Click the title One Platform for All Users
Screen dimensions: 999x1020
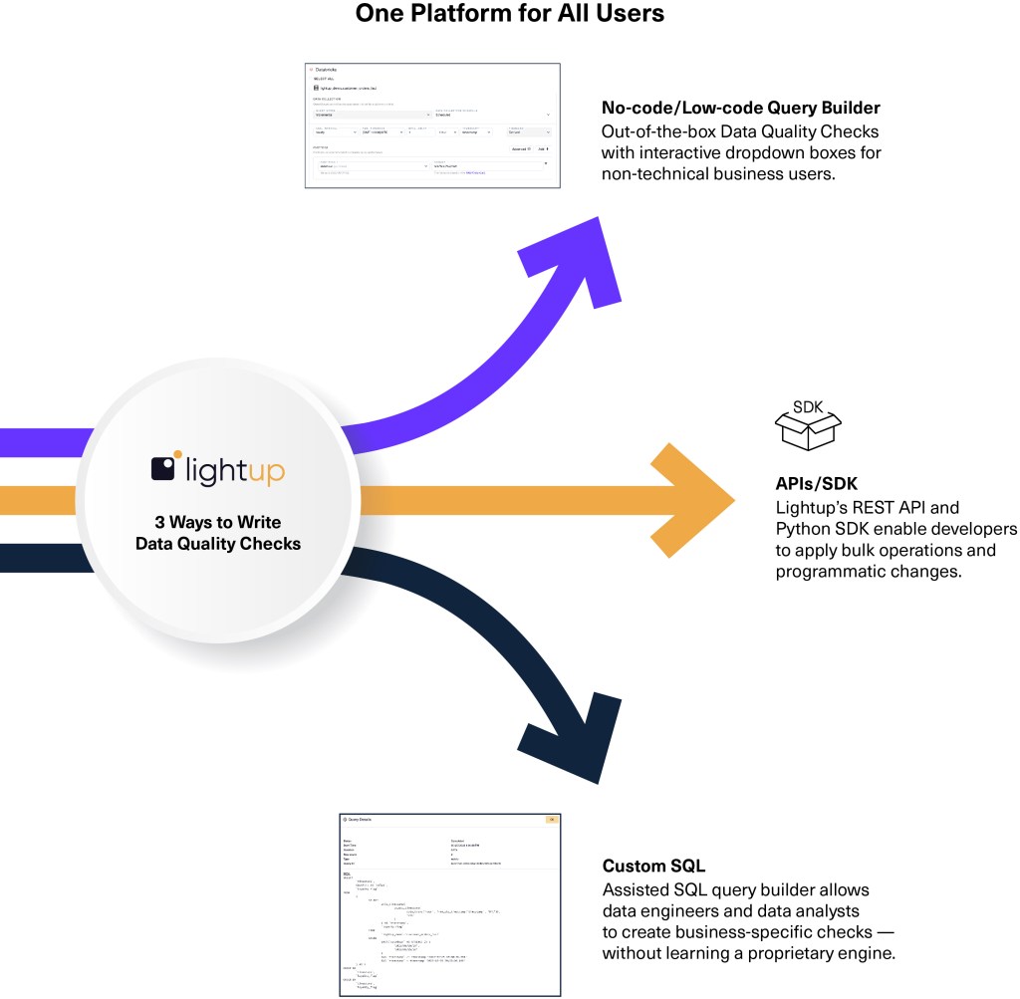[509, 15]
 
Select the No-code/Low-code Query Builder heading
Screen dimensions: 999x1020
[741, 108]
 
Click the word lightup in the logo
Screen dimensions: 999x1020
[233, 470]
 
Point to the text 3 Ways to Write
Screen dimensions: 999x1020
[217, 522]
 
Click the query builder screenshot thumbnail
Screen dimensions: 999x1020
[432, 126]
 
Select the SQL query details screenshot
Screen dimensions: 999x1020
[449, 903]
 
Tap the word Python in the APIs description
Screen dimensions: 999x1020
[803, 528]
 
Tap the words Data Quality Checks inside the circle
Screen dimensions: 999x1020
[217, 543]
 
